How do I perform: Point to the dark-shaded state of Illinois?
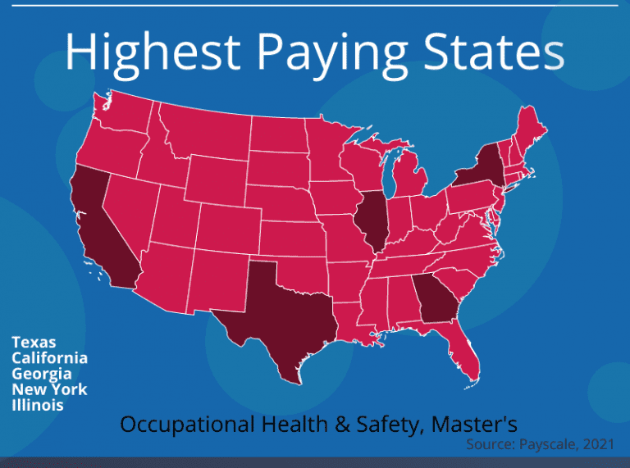pos(372,221)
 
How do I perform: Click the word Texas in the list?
pos(34,343)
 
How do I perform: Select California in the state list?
pos(49,358)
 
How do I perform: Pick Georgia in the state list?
pos(40,374)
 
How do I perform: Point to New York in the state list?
pos(49,389)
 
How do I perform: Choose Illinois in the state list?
pos(38,405)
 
